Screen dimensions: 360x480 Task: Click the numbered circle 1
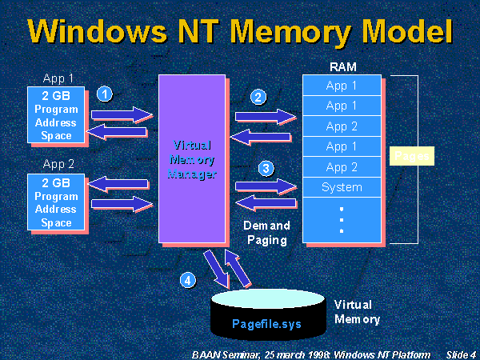pyautogui.click(x=103, y=94)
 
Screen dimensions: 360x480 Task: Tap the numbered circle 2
pyautogui.click(x=258, y=98)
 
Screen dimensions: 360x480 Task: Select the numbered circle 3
pyautogui.click(x=266, y=169)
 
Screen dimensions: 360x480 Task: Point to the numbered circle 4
pyautogui.click(x=187, y=280)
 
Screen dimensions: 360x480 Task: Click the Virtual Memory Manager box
pyautogui.click(x=192, y=158)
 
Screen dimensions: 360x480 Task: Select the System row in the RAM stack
pyautogui.click(x=342, y=188)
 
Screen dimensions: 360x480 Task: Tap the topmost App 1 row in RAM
pyautogui.click(x=342, y=86)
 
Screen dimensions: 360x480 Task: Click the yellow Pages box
pyautogui.click(x=411, y=155)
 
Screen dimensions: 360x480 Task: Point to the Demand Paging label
pyautogui.click(x=266, y=232)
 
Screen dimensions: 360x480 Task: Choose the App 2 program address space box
pyautogui.click(x=56, y=202)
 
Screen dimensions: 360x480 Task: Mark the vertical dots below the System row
pyautogui.click(x=342, y=218)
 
